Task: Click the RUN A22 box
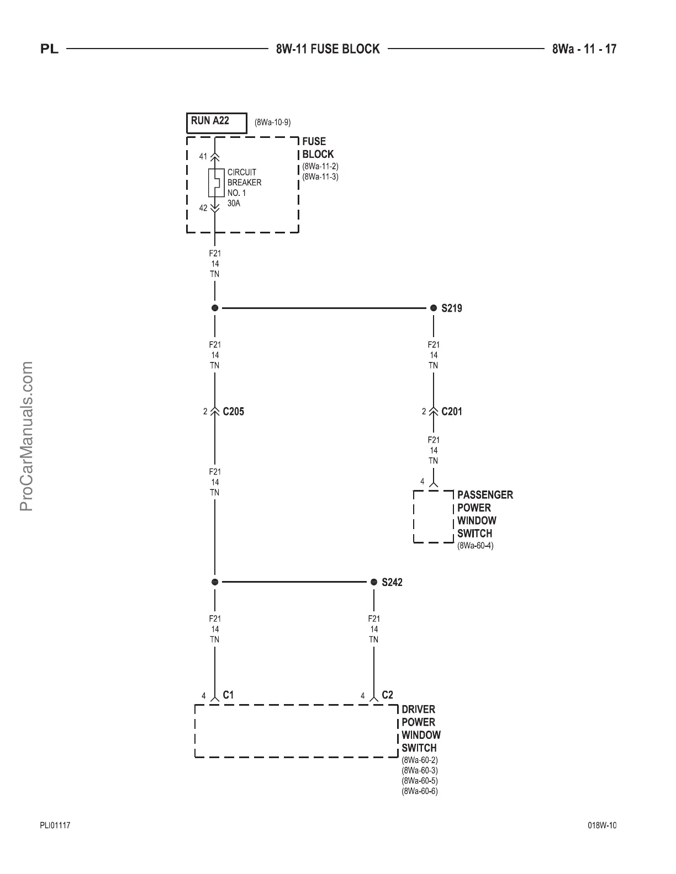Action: (216, 122)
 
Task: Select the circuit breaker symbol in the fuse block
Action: (215, 183)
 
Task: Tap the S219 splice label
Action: (452, 308)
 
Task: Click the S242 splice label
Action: (392, 582)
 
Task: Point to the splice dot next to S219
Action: (434, 308)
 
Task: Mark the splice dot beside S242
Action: (374, 582)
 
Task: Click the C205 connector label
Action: (233, 412)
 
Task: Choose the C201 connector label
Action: (452, 412)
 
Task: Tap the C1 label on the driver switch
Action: (228, 695)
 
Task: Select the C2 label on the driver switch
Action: (387, 695)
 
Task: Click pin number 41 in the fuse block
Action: (203, 157)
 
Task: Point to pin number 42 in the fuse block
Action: (203, 208)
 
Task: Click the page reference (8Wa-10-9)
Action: (272, 122)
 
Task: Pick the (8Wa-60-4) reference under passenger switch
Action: (476, 546)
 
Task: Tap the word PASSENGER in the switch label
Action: (485, 495)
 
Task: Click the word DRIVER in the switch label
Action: (418, 710)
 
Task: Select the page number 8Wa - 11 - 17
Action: (584, 49)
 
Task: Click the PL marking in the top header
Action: (49, 50)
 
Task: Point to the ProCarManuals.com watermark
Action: (27, 436)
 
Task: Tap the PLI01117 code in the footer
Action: (55, 825)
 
